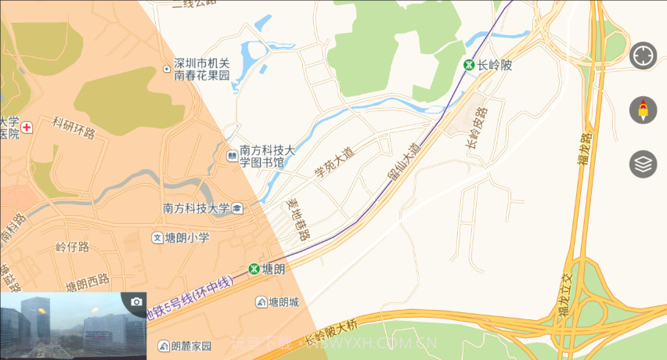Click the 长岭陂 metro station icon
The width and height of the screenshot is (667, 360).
point(469,65)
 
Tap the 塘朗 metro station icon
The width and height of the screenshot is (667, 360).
point(254,268)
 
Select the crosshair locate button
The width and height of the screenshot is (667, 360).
point(643,56)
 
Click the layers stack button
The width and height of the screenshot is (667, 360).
point(643,164)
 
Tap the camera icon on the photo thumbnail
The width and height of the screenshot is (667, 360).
point(136,302)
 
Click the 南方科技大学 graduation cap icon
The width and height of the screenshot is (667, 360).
point(237,208)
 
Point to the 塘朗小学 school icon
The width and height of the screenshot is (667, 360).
point(157,237)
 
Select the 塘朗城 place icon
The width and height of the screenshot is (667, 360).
point(261,302)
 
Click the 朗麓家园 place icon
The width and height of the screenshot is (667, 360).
point(164,345)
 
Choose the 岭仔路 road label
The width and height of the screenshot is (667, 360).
point(73,247)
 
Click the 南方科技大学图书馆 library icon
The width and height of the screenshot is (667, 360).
point(233,157)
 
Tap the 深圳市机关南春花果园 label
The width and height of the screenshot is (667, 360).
point(201,70)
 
